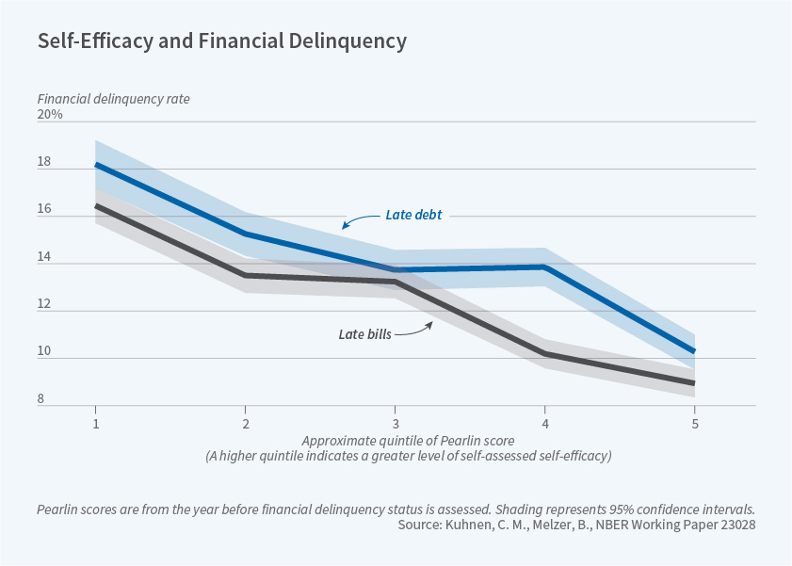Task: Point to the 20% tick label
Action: (x=50, y=115)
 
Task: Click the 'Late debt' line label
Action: (x=413, y=215)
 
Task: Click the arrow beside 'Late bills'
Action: (x=415, y=329)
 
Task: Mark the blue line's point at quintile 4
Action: (x=544, y=267)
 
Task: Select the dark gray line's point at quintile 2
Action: (x=245, y=275)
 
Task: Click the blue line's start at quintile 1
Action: (x=95, y=165)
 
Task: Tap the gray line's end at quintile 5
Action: (x=694, y=383)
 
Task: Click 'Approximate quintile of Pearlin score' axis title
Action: (x=395, y=441)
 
